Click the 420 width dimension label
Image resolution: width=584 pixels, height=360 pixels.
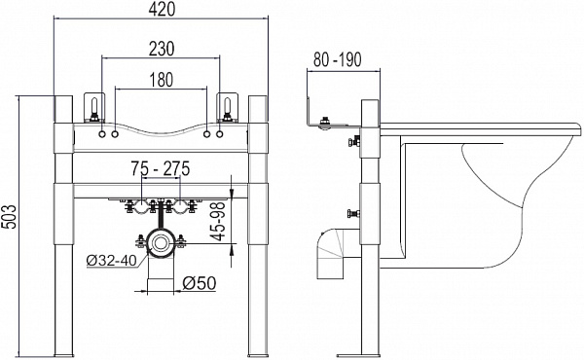click(162, 9)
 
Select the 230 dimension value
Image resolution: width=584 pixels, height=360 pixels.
click(162, 49)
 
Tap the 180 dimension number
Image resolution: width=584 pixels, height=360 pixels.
click(162, 80)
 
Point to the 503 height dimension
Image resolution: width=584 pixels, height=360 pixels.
click(9, 217)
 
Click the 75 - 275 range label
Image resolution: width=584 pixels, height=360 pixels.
click(161, 168)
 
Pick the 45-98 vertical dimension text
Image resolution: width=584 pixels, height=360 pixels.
click(219, 222)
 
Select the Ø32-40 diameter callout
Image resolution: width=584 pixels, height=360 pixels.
click(112, 260)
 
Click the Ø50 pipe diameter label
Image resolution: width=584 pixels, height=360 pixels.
click(200, 283)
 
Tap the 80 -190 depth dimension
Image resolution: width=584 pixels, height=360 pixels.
click(337, 59)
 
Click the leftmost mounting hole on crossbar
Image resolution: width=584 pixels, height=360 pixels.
click(102, 134)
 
